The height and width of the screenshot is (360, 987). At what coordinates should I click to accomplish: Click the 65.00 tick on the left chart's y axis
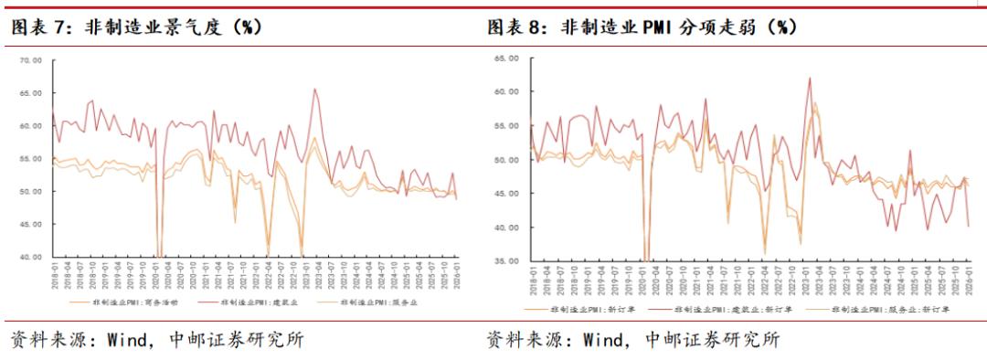click(x=31, y=93)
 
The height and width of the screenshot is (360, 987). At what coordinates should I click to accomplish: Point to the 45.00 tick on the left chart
click(x=31, y=224)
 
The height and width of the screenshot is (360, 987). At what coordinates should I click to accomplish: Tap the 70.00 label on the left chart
click(x=31, y=60)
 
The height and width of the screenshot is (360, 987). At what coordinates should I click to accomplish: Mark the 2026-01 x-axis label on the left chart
click(x=457, y=277)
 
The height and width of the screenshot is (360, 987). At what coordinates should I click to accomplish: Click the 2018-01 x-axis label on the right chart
click(x=530, y=281)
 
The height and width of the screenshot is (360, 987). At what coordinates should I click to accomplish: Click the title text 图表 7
click(x=36, y=27)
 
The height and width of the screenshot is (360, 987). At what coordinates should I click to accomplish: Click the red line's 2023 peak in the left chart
click(x=315, y=89)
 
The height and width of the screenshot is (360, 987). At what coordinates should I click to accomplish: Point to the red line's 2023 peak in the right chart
click(x=810, y=78)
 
